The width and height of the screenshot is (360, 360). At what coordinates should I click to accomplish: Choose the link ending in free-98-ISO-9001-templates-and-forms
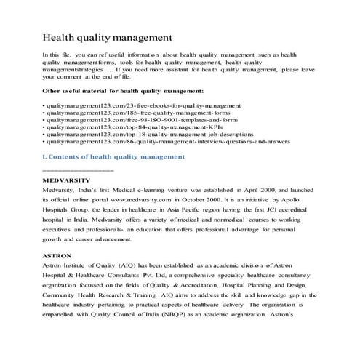pos(138,124)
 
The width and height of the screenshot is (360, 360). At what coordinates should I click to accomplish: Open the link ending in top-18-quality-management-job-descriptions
pos(149,143)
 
